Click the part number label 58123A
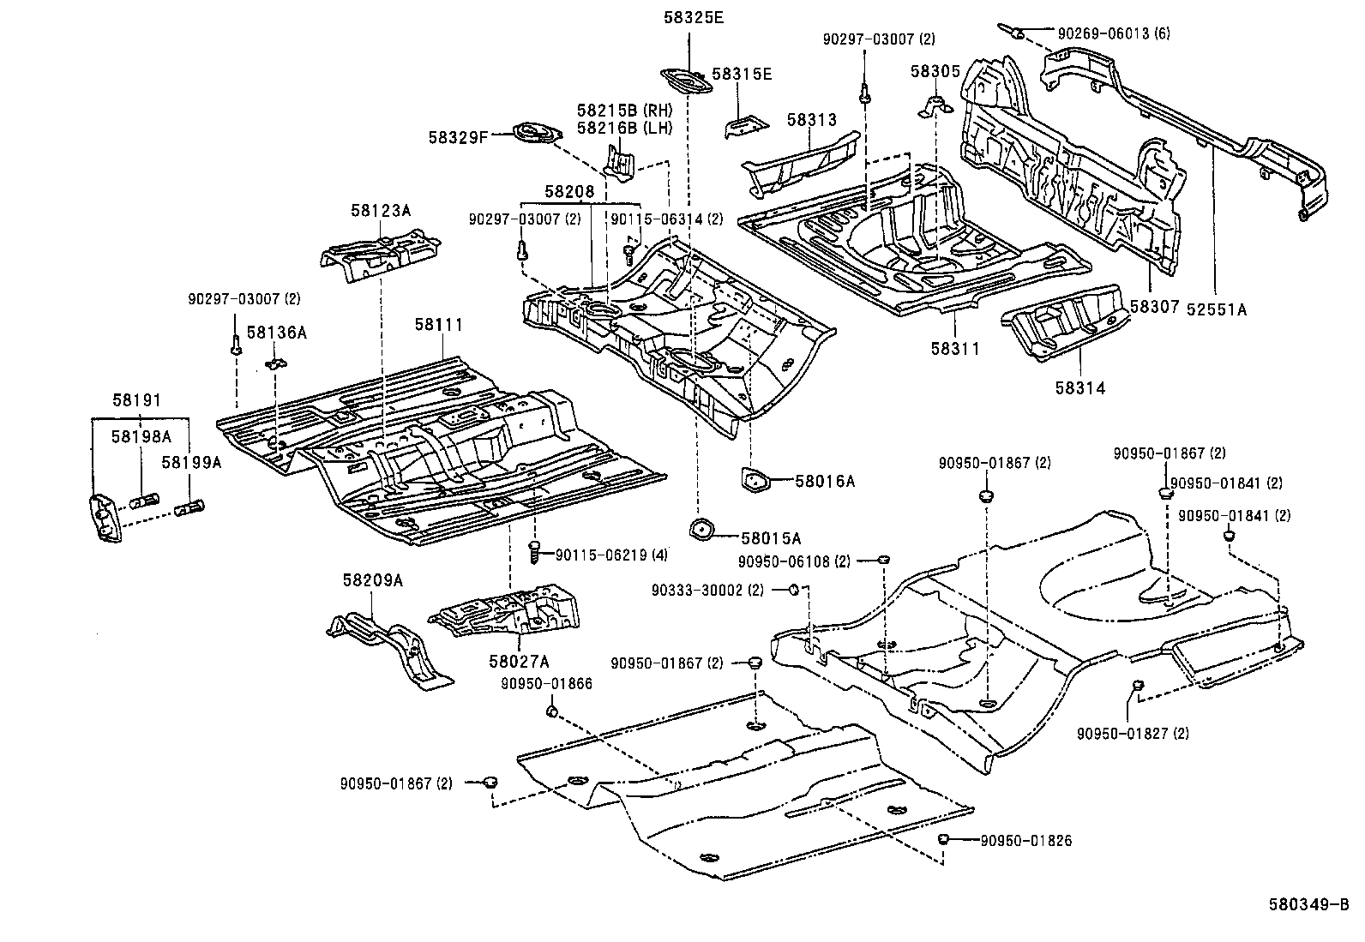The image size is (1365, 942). [380, 210]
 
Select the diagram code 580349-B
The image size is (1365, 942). [1308, 904]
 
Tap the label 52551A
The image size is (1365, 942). [1216, 310]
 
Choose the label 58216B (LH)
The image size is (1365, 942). [624, 129]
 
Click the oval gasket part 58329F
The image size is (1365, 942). [536, 135]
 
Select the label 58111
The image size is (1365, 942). [438, 325]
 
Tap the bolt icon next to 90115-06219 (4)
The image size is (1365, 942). [534, 551]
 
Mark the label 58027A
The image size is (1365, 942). [519, 661]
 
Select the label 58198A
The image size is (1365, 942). [141, 437]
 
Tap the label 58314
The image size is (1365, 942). [1079, 388]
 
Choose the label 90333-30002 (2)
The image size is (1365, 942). [707, 590]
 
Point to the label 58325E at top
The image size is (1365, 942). [693, 16]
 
